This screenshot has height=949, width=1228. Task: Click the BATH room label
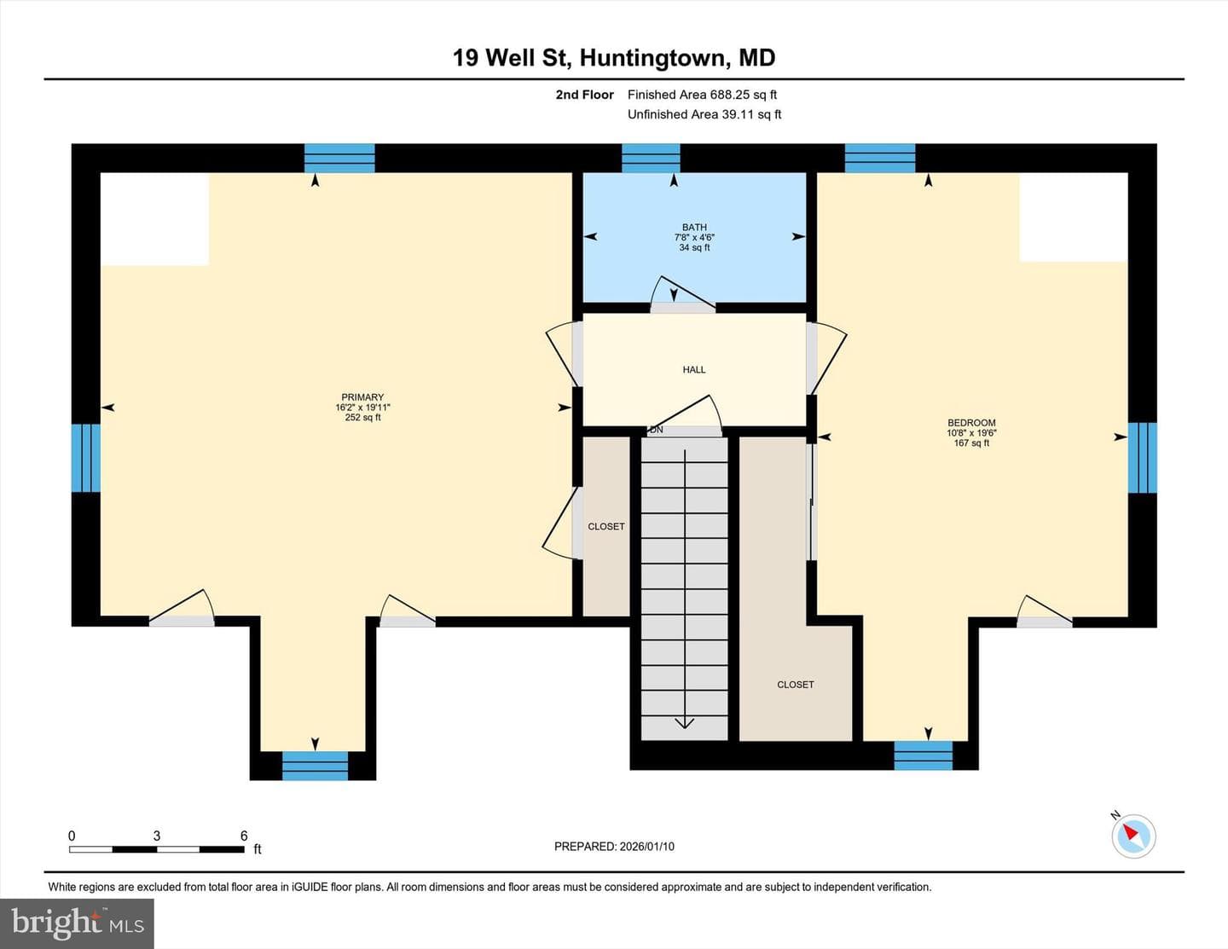pyautogui.click(x=694, y=227)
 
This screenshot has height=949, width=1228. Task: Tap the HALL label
pyautogui.click(x=694, y=369)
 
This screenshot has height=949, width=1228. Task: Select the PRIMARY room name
pyautogui.click(x=362, y=397)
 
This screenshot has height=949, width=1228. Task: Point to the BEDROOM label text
pyautogui.click(x=971, y=423)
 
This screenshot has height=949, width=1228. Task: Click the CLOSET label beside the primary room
pyautogui.click(x=605, y=526)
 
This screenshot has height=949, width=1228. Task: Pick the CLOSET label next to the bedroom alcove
pyautogui.click(x=795, y=685)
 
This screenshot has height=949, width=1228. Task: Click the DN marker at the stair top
pyautogui.click(x=656, y=430)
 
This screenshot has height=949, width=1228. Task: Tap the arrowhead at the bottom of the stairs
pyautogui.click(x=685, y=722)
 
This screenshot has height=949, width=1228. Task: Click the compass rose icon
pyautogui.click(x=1133, y=836)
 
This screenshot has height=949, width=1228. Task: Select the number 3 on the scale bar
pyautogui.click(x=157, y=836)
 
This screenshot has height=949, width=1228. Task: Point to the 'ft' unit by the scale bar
pyautogui.click(x=258, y=849)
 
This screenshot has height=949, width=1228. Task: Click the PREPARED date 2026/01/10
pyautogui.click(x=646, y=846)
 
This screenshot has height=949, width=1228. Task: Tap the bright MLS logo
pyautogui.click(x=78, y=924)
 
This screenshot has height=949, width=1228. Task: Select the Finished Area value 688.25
pyautogui.click(x=728, y=95)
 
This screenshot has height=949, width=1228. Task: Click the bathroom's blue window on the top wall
pyautogui.click(x=651, y=158)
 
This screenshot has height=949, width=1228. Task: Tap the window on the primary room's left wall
pyautogui.click(x=86, y=458)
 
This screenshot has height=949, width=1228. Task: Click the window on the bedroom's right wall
pyautogui.click(x=1142, y=458)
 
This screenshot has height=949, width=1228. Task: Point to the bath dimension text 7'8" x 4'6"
pyautogui.click(x=694, y=237)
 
